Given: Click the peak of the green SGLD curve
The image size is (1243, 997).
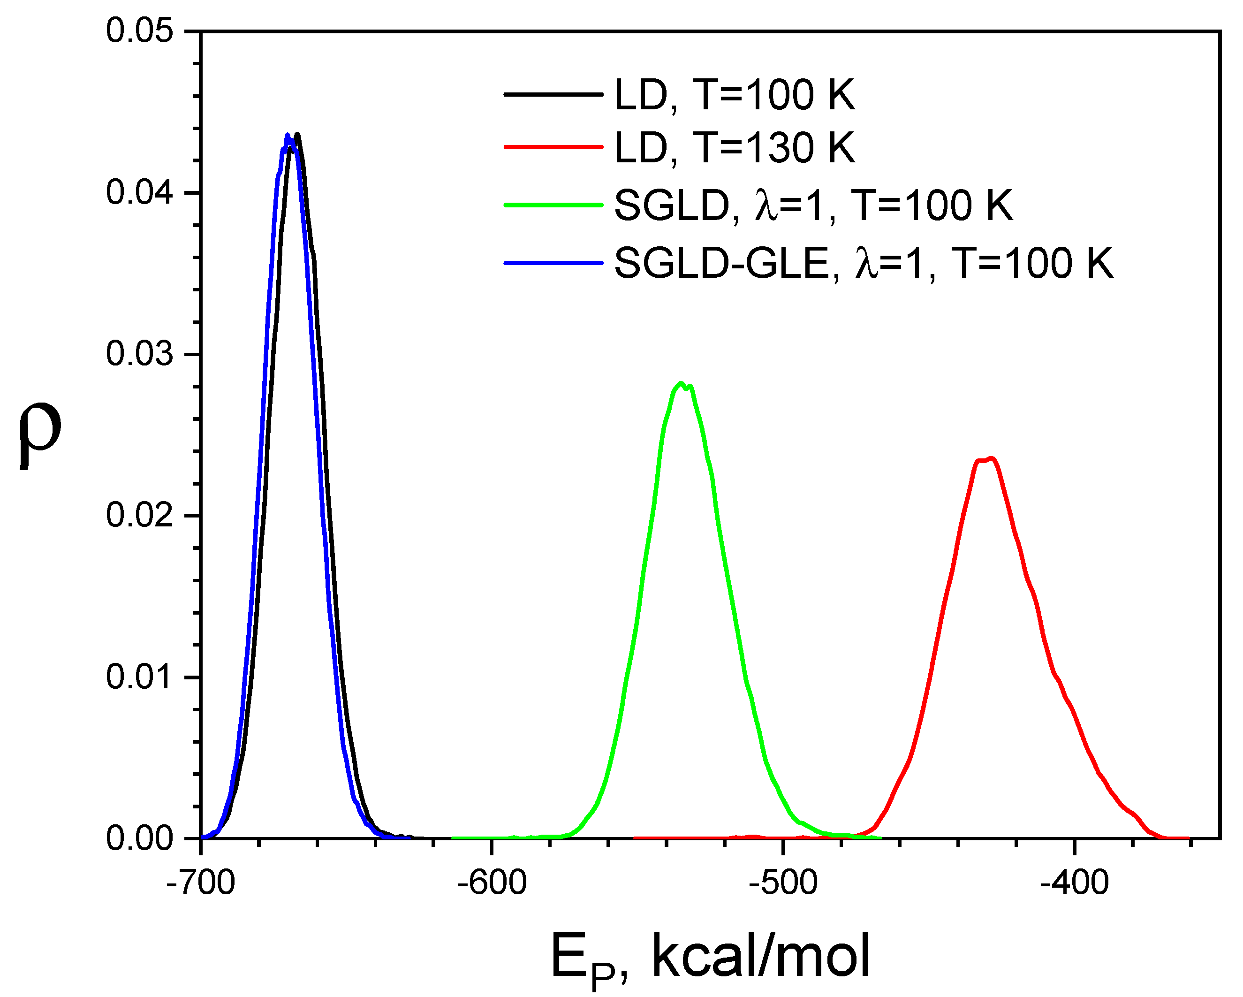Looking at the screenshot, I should (681, 383).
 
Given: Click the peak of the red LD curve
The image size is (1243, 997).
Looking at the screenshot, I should (991, 459).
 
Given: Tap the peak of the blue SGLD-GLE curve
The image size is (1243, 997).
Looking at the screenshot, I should (288, 136).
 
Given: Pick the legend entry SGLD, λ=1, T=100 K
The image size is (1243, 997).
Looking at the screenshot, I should (813, 205).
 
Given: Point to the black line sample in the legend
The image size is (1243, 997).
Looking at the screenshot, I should (553, 94).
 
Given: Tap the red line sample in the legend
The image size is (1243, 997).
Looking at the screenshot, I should (553, 147).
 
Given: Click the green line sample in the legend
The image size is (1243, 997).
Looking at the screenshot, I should (553, 205).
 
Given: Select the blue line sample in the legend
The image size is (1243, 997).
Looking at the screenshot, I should (553, 263).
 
